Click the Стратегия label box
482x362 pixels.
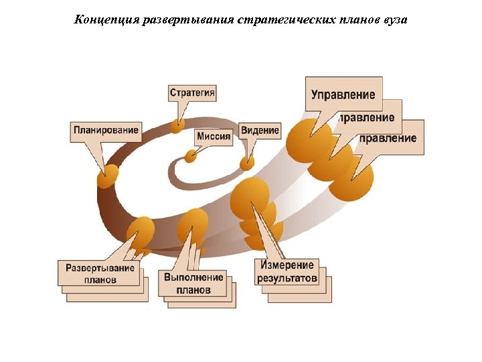point(193,93)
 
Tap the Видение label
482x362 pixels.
point(260,129)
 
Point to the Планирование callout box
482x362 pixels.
point(107,130)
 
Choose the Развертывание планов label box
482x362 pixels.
point(100,273)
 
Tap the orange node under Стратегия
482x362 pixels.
point(177,125)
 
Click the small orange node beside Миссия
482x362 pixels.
point(191,156)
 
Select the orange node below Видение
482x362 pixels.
point(247,162)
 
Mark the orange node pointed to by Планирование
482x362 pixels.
point(106,178)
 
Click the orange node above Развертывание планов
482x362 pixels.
point(142,232)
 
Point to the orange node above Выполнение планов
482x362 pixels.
point(193,224)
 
